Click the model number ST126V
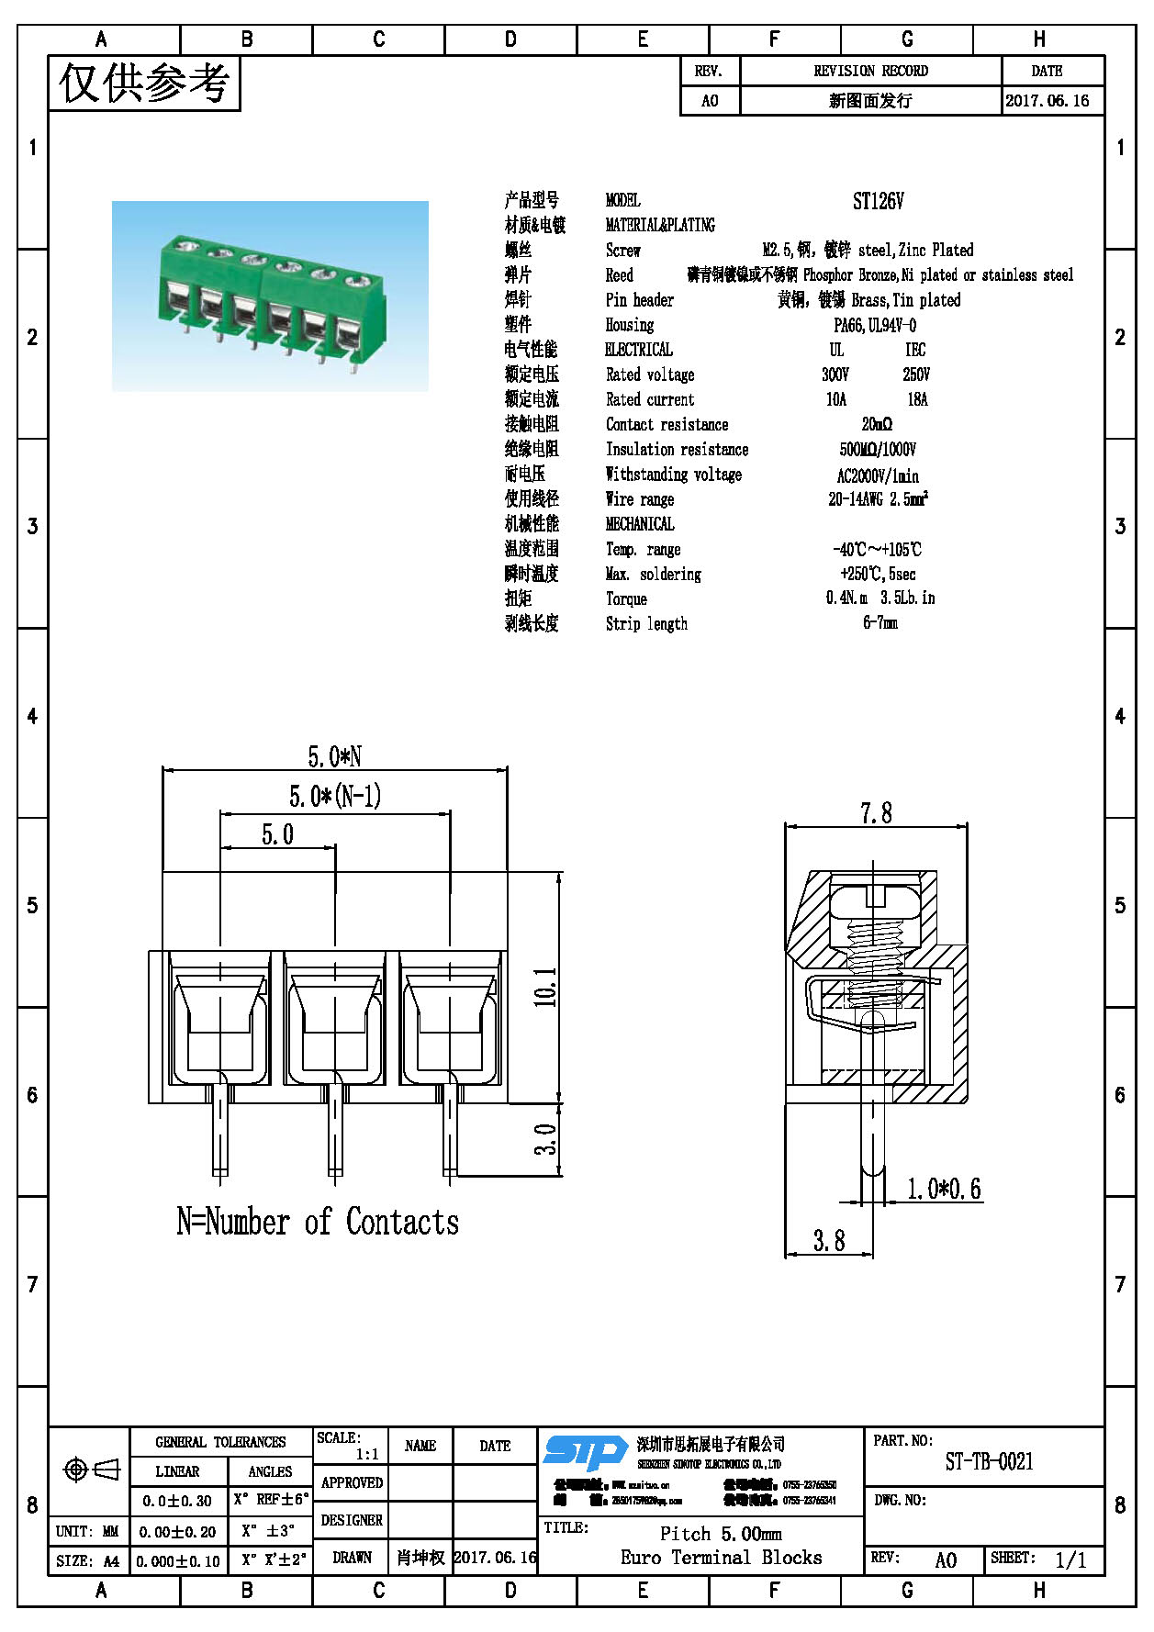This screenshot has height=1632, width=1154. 878,201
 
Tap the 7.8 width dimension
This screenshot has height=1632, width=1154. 876,813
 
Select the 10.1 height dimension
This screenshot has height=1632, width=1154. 546,987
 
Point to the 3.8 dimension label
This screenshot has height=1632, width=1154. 828,1241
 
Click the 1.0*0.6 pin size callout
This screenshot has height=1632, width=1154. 944,1189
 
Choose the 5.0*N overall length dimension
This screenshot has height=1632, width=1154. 334,756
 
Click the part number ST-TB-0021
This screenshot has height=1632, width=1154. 989,1461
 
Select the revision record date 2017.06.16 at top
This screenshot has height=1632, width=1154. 1047,101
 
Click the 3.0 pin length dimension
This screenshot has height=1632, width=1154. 546,1140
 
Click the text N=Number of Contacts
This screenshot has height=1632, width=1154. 317,1222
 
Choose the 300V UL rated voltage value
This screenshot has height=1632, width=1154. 835,374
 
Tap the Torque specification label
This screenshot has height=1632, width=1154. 626,598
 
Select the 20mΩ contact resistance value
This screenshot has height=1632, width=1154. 877,424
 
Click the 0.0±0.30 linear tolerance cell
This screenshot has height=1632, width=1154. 177,1501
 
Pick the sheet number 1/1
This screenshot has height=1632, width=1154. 1070,1559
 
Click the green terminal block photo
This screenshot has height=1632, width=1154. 270,296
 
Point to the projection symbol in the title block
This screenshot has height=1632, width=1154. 90,1470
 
